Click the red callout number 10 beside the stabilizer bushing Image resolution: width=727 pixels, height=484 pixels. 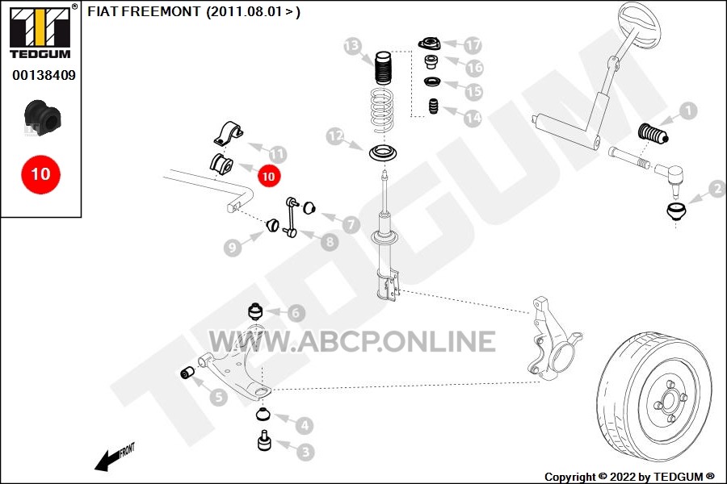[268, 176]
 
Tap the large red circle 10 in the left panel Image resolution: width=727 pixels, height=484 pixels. [41, 174]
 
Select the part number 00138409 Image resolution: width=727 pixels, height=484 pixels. [44, 75]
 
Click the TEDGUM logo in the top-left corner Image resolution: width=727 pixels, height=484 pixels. [41, 31]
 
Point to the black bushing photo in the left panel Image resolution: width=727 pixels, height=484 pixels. [43, 118]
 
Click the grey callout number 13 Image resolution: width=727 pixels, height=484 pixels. [352, 46]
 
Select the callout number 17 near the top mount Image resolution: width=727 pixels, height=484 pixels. [473, 45]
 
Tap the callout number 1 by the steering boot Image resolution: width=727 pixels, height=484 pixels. [688, 111]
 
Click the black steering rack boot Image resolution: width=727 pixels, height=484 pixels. [653, 134]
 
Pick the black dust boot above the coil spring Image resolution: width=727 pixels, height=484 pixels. [383, 68]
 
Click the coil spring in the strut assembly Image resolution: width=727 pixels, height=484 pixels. [383, 110]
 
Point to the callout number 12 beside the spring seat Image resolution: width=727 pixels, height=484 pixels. [334, 136]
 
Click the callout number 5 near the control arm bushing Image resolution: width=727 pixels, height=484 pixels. [218, 397]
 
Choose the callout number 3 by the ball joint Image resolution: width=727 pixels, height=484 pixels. [305, 452]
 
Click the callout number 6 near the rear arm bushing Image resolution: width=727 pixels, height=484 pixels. [296, 313]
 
